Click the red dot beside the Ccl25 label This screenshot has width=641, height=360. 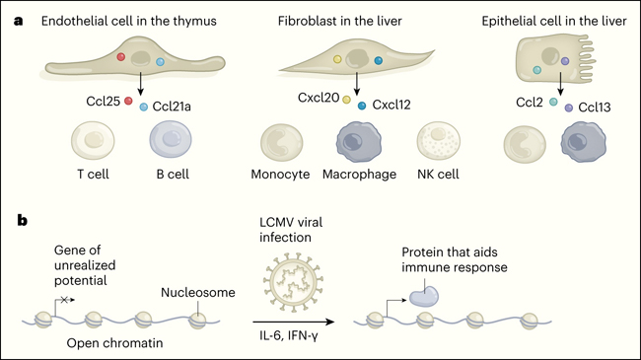pos(128,101)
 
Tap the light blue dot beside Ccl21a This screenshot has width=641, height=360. pos(144,107)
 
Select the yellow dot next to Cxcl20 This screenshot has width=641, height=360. pos(347,100)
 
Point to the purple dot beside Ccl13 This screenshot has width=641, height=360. pos(569,108)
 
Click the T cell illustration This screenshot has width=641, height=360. pos(93,140)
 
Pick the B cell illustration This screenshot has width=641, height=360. pos(171,139)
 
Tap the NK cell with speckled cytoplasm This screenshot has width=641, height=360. pos(438,140)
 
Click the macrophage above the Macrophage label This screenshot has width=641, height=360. pos(359,142)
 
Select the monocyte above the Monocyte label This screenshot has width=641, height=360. pos(282,143)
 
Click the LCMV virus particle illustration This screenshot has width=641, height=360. pos(294,282)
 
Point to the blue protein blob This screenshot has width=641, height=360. pos(424,296)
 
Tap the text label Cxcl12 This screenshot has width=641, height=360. pos(392,106)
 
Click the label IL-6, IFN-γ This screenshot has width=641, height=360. pos(289,336)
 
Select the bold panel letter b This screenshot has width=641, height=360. pos(22,220)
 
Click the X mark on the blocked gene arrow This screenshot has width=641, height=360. pos(64,300)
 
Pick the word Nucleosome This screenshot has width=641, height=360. pos(198,293)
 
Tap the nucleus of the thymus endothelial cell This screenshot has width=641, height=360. pos(140,58)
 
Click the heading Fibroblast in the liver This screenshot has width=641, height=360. pos(339,22)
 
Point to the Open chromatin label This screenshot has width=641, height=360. pos(114,343)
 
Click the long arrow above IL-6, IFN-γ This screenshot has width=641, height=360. pos(294,322)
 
